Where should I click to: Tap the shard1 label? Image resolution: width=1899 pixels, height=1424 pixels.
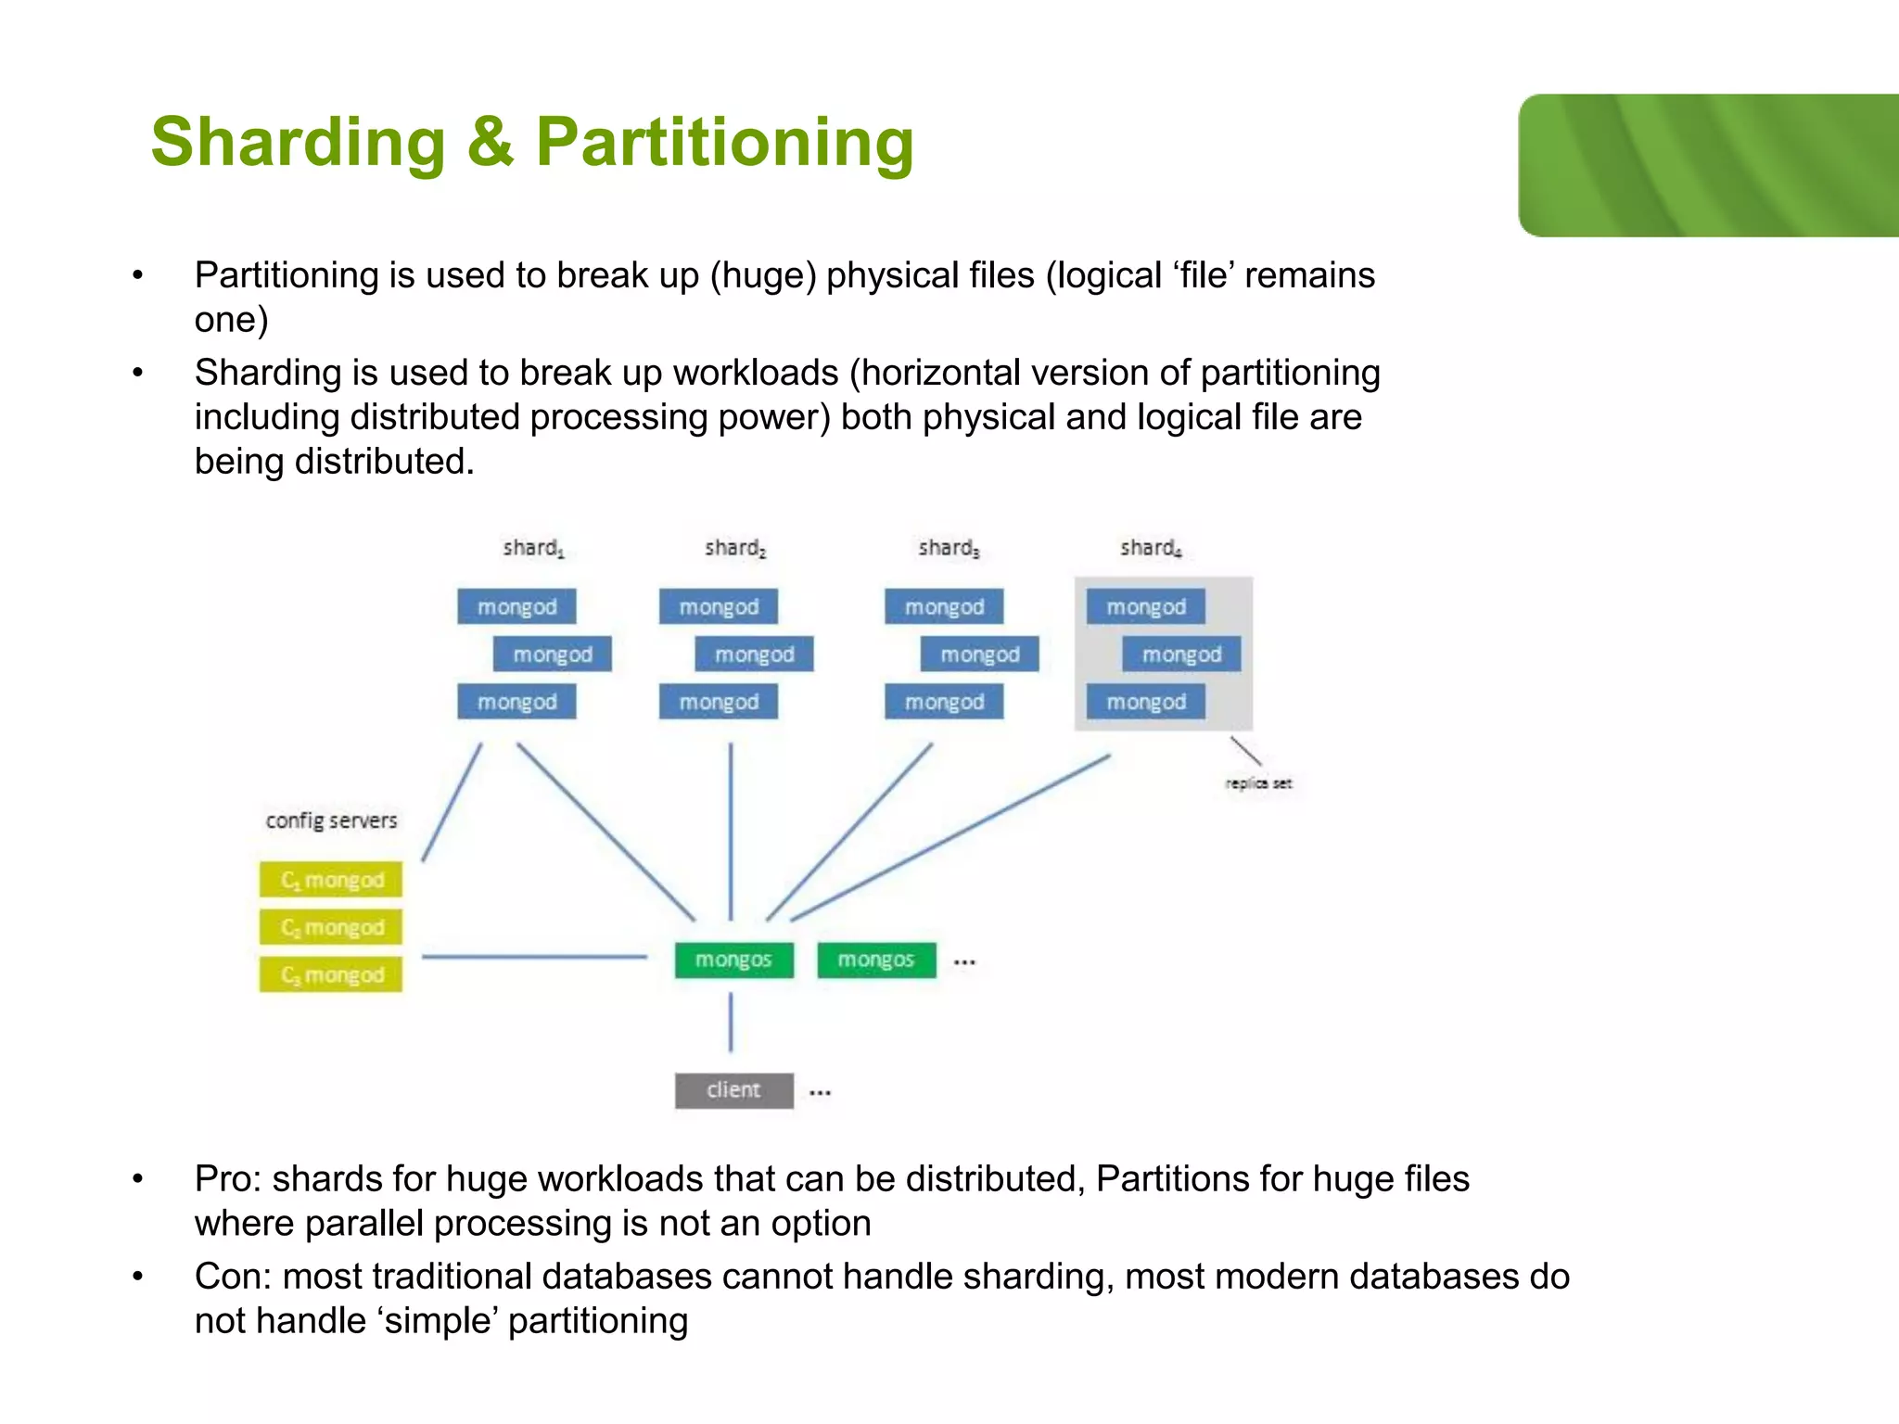pos(533,548)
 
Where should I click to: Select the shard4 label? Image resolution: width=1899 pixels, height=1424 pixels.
pos(1150,548)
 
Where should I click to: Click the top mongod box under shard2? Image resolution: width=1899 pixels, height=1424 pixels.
pos(719,607)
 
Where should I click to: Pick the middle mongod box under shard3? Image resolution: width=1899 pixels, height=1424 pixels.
pos(979,655)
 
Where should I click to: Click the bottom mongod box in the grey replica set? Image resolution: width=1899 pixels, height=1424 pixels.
pos(1145,702)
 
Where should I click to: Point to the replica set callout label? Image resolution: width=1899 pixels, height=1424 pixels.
pos(1257,783)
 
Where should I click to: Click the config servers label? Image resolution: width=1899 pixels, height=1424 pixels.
pos(331,820)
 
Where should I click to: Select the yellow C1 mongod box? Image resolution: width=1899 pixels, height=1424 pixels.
pos(331,880)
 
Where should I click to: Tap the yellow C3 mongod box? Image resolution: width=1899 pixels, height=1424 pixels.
pos(331,975)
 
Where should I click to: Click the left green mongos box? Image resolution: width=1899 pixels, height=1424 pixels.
pos(733,960)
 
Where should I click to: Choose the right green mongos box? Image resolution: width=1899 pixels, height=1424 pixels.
pos(876,960)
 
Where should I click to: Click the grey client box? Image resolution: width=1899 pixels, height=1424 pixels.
pos(733,1090)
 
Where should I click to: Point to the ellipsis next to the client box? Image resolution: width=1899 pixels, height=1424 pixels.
pos(820,1093)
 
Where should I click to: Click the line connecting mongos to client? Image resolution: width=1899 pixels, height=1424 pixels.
pos(731,1022)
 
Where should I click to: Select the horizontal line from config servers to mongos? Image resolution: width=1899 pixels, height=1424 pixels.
pos(533,956)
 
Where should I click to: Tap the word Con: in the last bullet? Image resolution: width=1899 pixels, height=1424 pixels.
pos(232,1277)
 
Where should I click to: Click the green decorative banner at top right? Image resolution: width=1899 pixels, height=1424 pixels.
pos(1708,165)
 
